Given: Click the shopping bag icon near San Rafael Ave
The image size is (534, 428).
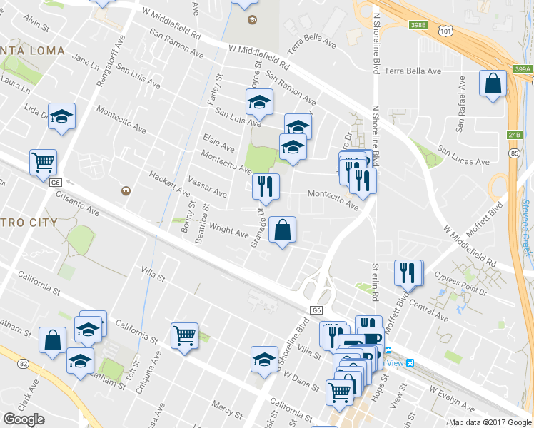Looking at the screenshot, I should click(493, 83).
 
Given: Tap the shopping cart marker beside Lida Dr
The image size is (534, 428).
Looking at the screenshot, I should click(43, 163).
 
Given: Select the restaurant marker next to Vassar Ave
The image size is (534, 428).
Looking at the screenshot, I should click(266, 187).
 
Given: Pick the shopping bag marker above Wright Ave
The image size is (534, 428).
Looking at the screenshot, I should click(283, 230).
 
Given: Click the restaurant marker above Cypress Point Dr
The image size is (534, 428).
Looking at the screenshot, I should click(408, 272).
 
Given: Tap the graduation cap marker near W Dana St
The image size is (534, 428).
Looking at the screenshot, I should click(264, 359).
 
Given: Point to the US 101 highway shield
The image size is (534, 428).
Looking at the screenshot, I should click(446, 31).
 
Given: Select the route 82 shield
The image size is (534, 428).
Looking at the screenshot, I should click(24, 364).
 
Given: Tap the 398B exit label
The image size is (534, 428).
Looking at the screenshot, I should click(418, 25).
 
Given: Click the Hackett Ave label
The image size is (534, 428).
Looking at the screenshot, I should click(169, 183).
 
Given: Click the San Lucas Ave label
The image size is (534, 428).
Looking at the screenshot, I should click(463, 156).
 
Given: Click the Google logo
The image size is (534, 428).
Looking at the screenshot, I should click(24, 419).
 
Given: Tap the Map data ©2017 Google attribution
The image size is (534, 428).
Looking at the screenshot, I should click(490, 422).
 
